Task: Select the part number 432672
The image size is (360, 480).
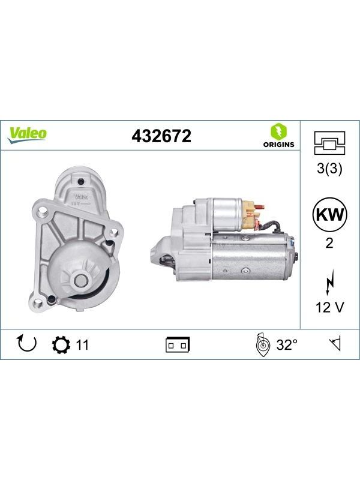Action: click(161, 136)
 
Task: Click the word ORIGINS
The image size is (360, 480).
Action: click(278, 145)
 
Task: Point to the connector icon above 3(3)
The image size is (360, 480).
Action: click(329, 143)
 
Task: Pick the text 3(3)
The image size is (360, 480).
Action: click(329, 168)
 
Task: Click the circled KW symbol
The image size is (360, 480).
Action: click(329, 215)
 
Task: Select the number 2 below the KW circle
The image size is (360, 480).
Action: click(329, 244)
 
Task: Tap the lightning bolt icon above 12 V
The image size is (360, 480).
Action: click(329, 282)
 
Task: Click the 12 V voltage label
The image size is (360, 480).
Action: click(329, 307)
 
